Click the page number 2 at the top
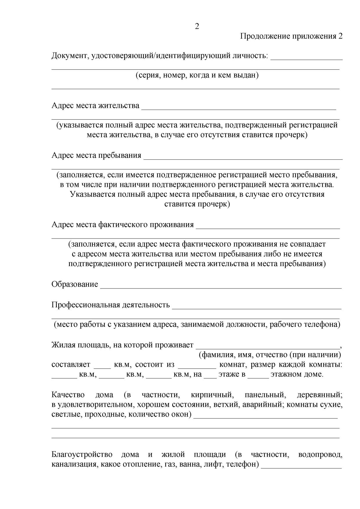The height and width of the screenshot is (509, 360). (x=197, y=26)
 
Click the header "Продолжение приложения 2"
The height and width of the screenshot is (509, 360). (x=291, y=36)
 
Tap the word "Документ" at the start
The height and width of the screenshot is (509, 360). (x=68, y=56)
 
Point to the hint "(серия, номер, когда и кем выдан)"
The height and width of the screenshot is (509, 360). (x=197, y=75)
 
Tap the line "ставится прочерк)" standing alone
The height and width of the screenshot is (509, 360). (x=197, y=204)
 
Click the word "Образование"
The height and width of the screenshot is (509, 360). (x=75, y=284)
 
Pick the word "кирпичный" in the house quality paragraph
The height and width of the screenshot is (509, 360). (x=212, y=395)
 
